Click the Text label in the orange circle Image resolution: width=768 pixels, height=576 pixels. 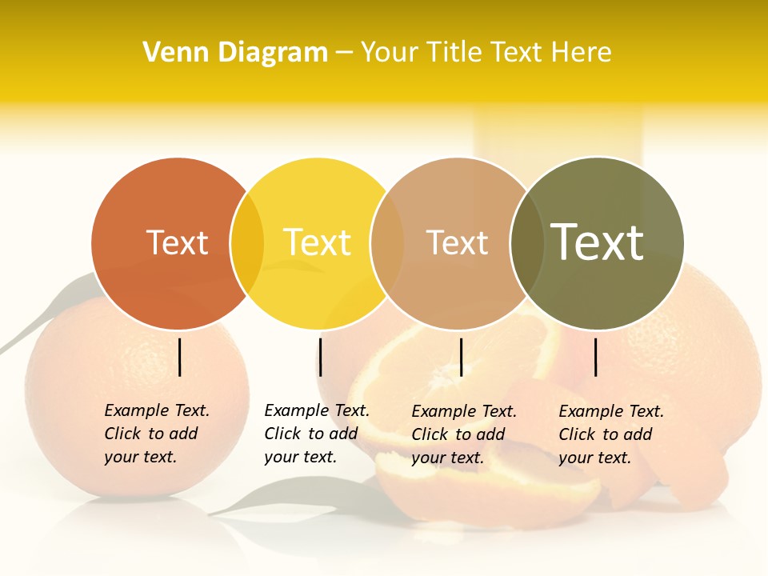click(x=177, y=243)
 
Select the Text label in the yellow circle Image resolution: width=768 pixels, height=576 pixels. click(x=317, y=243)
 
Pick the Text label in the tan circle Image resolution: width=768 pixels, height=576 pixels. click(x=457, y=243)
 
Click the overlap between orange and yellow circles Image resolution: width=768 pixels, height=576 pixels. click(x=247, y=243)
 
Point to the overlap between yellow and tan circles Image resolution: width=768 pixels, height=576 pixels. click(x=387, y=243)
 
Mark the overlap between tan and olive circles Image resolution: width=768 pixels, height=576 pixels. click(x=527, y=243)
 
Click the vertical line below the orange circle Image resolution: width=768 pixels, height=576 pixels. click(x=180, y=357)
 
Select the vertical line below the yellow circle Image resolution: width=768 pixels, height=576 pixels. click(x=320, y=357)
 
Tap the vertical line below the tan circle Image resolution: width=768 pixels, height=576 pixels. click(x=461, y=357)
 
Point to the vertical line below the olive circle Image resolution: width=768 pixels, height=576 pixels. click(x=595, y=357)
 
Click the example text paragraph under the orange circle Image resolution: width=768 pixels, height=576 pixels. click(x=156, y=434)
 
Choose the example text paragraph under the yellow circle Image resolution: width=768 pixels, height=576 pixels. click(x=316, y=434)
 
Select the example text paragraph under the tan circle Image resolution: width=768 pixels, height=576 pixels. click(x=463, y=434)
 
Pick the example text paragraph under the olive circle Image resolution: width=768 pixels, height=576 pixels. click(x=610, y=434)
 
